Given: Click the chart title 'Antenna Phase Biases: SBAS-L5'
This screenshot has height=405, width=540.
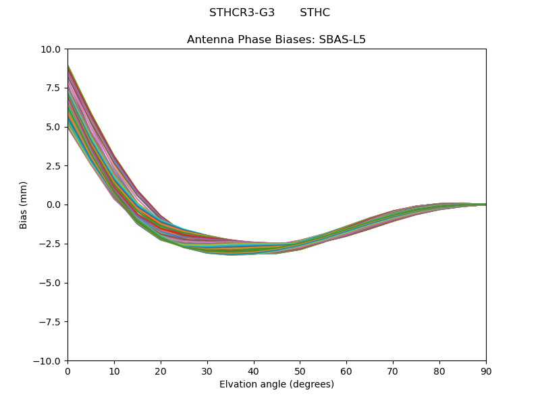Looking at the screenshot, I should coord(276,39).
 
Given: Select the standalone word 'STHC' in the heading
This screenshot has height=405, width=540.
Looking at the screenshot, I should coord(315,13).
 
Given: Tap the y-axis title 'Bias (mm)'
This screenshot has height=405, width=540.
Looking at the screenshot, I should coord(24,205).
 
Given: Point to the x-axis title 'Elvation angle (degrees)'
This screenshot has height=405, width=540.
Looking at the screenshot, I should coord(276,384).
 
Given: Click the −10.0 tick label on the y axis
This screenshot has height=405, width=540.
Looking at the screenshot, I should coord(49,361).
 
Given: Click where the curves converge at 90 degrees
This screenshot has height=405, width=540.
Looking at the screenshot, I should coord(485,205).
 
